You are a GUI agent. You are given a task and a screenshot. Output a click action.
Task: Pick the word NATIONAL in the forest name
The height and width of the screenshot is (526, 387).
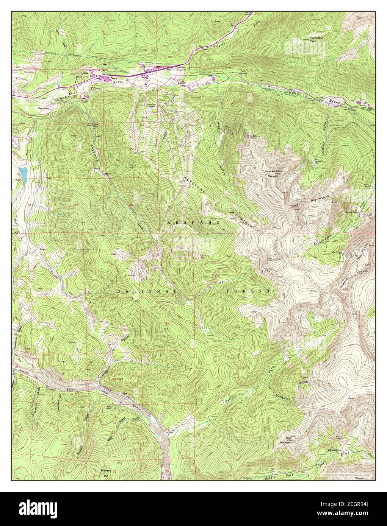147,291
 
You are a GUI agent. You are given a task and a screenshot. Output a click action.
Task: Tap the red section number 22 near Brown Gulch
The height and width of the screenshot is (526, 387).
60,431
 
